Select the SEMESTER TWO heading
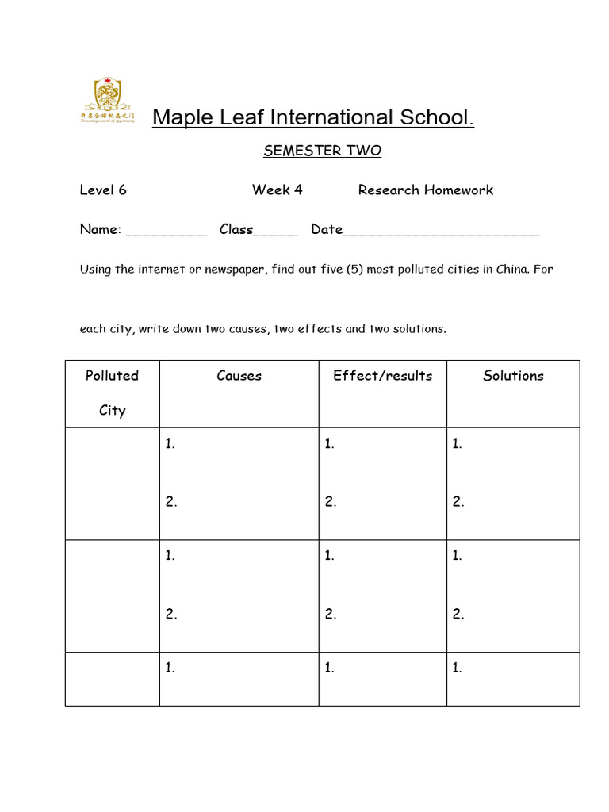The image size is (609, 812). point(322,151)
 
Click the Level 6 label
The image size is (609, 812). point(103,190)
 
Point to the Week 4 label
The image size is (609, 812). point(278,190)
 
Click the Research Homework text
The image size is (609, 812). point(426,190)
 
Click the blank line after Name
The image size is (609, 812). point(167,232)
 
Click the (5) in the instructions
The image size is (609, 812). point(354,270)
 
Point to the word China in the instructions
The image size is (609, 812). point(513,270)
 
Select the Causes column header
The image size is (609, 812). point(239,376)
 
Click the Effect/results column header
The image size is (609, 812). point(383,376)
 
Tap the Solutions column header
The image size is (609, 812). point(513,376)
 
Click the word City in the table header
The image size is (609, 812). point(112,411)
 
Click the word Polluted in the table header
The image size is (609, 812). point(112,376)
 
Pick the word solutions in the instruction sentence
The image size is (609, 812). point(420,329)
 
